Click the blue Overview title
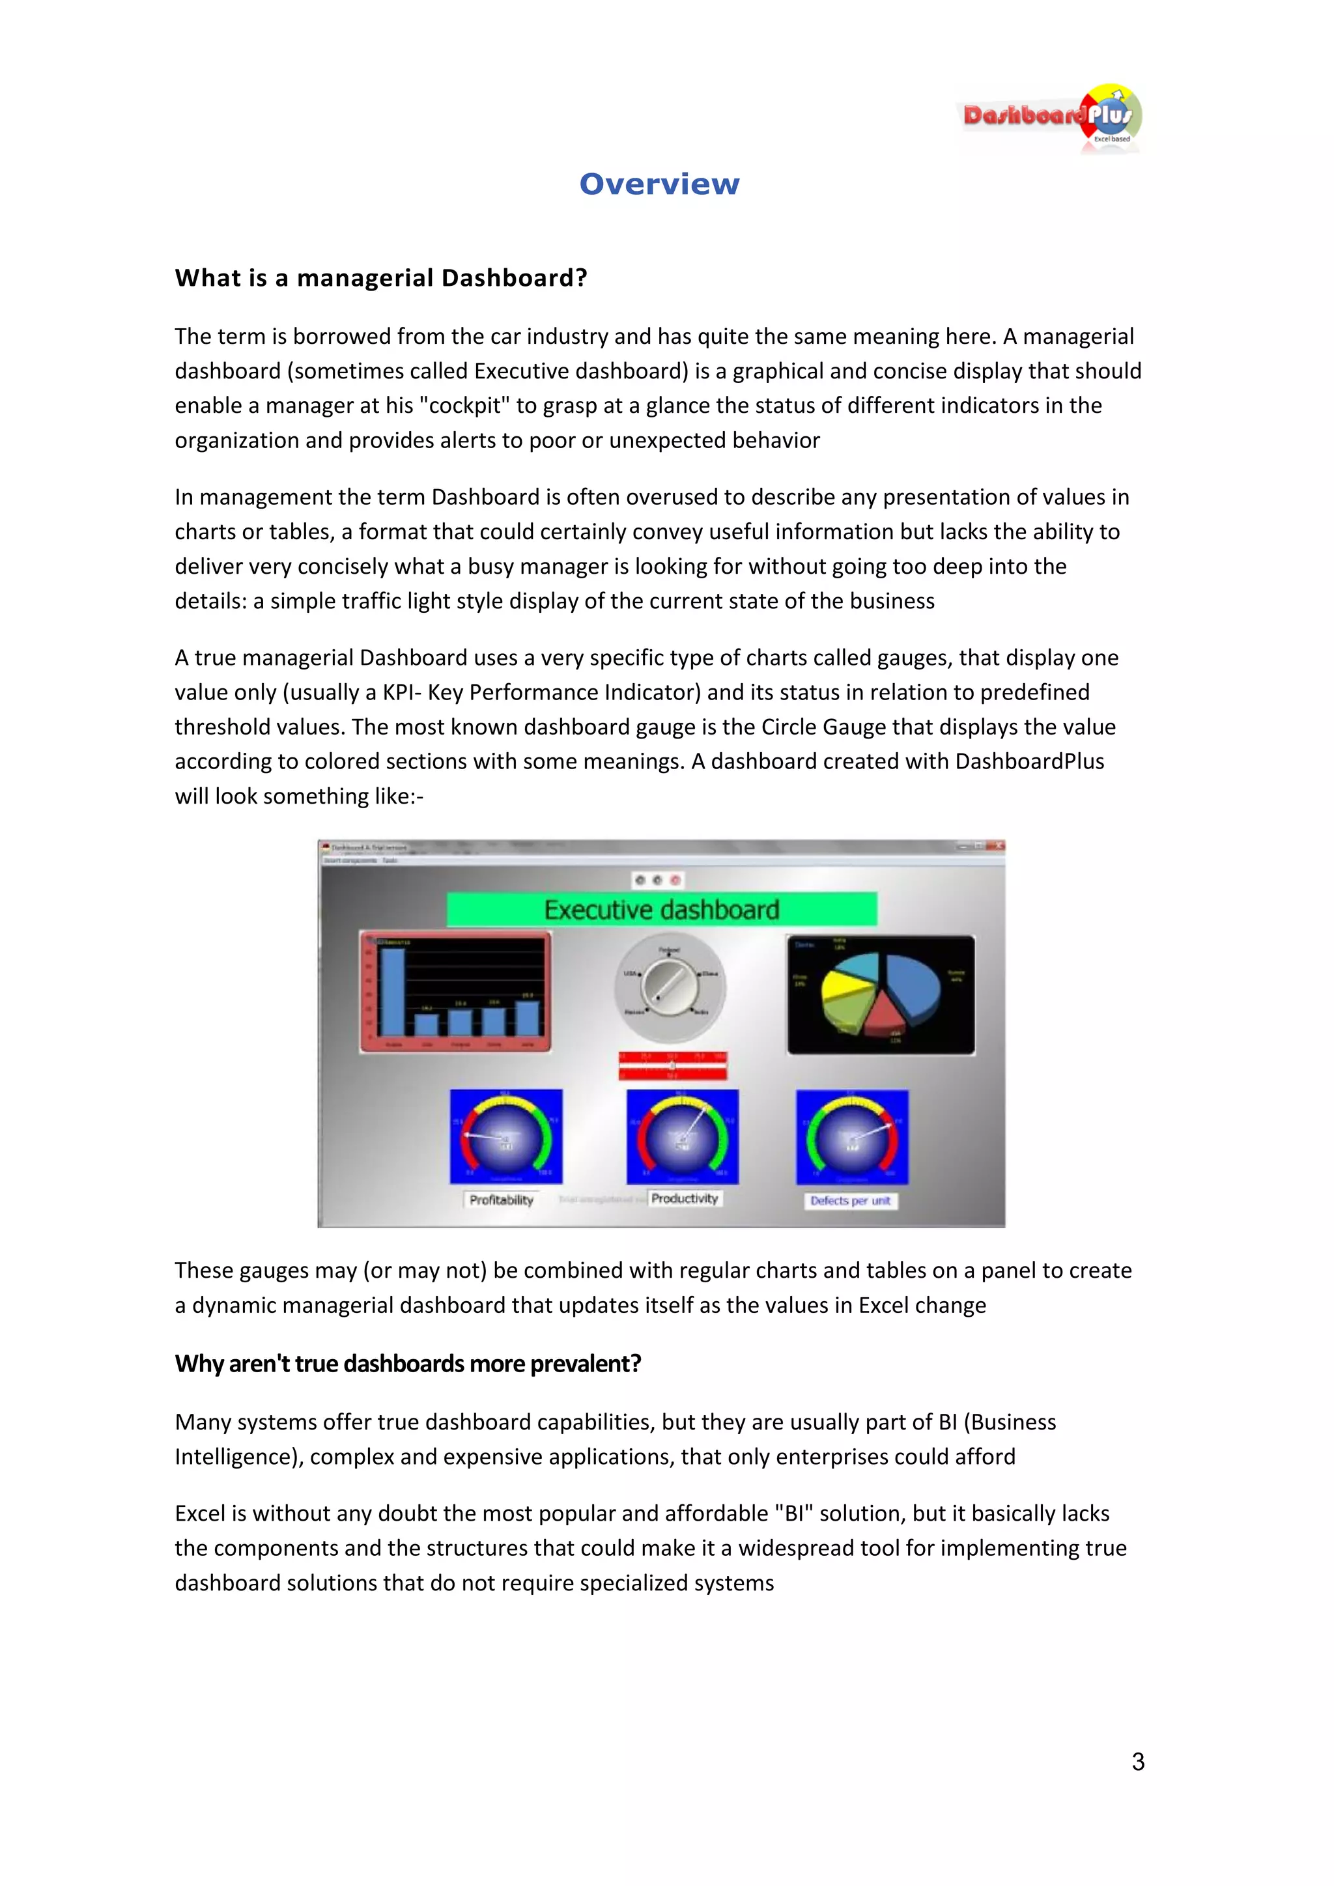pyautogui.click(x=660, y=184)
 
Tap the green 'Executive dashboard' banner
pyautogui.click(x=661, y=909)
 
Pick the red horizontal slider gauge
pyautogui.click(x=673, y=1065)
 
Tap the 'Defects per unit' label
pyautogui.click(x=850, y=1201)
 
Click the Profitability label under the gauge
pyautogui.click(x=501, y=1200)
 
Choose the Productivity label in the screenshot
pyautogui.click(x=684, y=1198)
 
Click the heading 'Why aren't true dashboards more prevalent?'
pyautogui.click(x=407, y=1364)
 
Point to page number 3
pyautogui.click(x=1138, y=1761)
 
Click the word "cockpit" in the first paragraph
pyautogui.click(x=465, y=406)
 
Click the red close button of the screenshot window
pyautogui.click(x=997, y=845)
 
